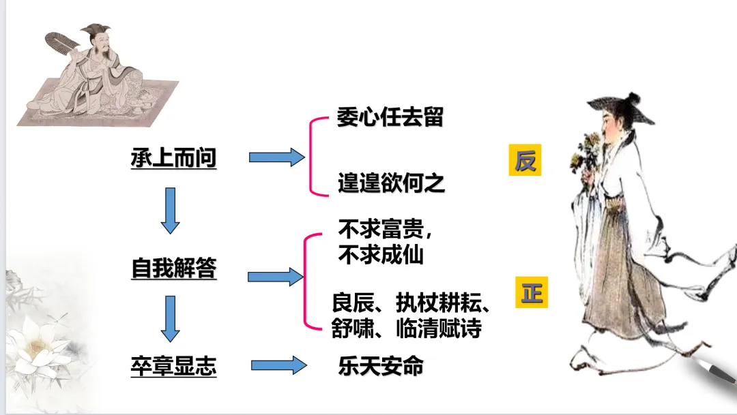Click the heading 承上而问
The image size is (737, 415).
173,159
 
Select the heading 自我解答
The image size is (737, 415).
173,268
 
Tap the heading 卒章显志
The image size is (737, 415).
173,367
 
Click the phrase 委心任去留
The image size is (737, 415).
390,117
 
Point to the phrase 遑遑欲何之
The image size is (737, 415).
391,183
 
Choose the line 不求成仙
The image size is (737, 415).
381,254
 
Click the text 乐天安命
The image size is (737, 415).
381,367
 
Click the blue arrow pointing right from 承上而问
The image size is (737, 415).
276,157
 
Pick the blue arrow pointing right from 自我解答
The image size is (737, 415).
275,276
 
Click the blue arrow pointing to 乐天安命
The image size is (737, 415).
278,365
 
